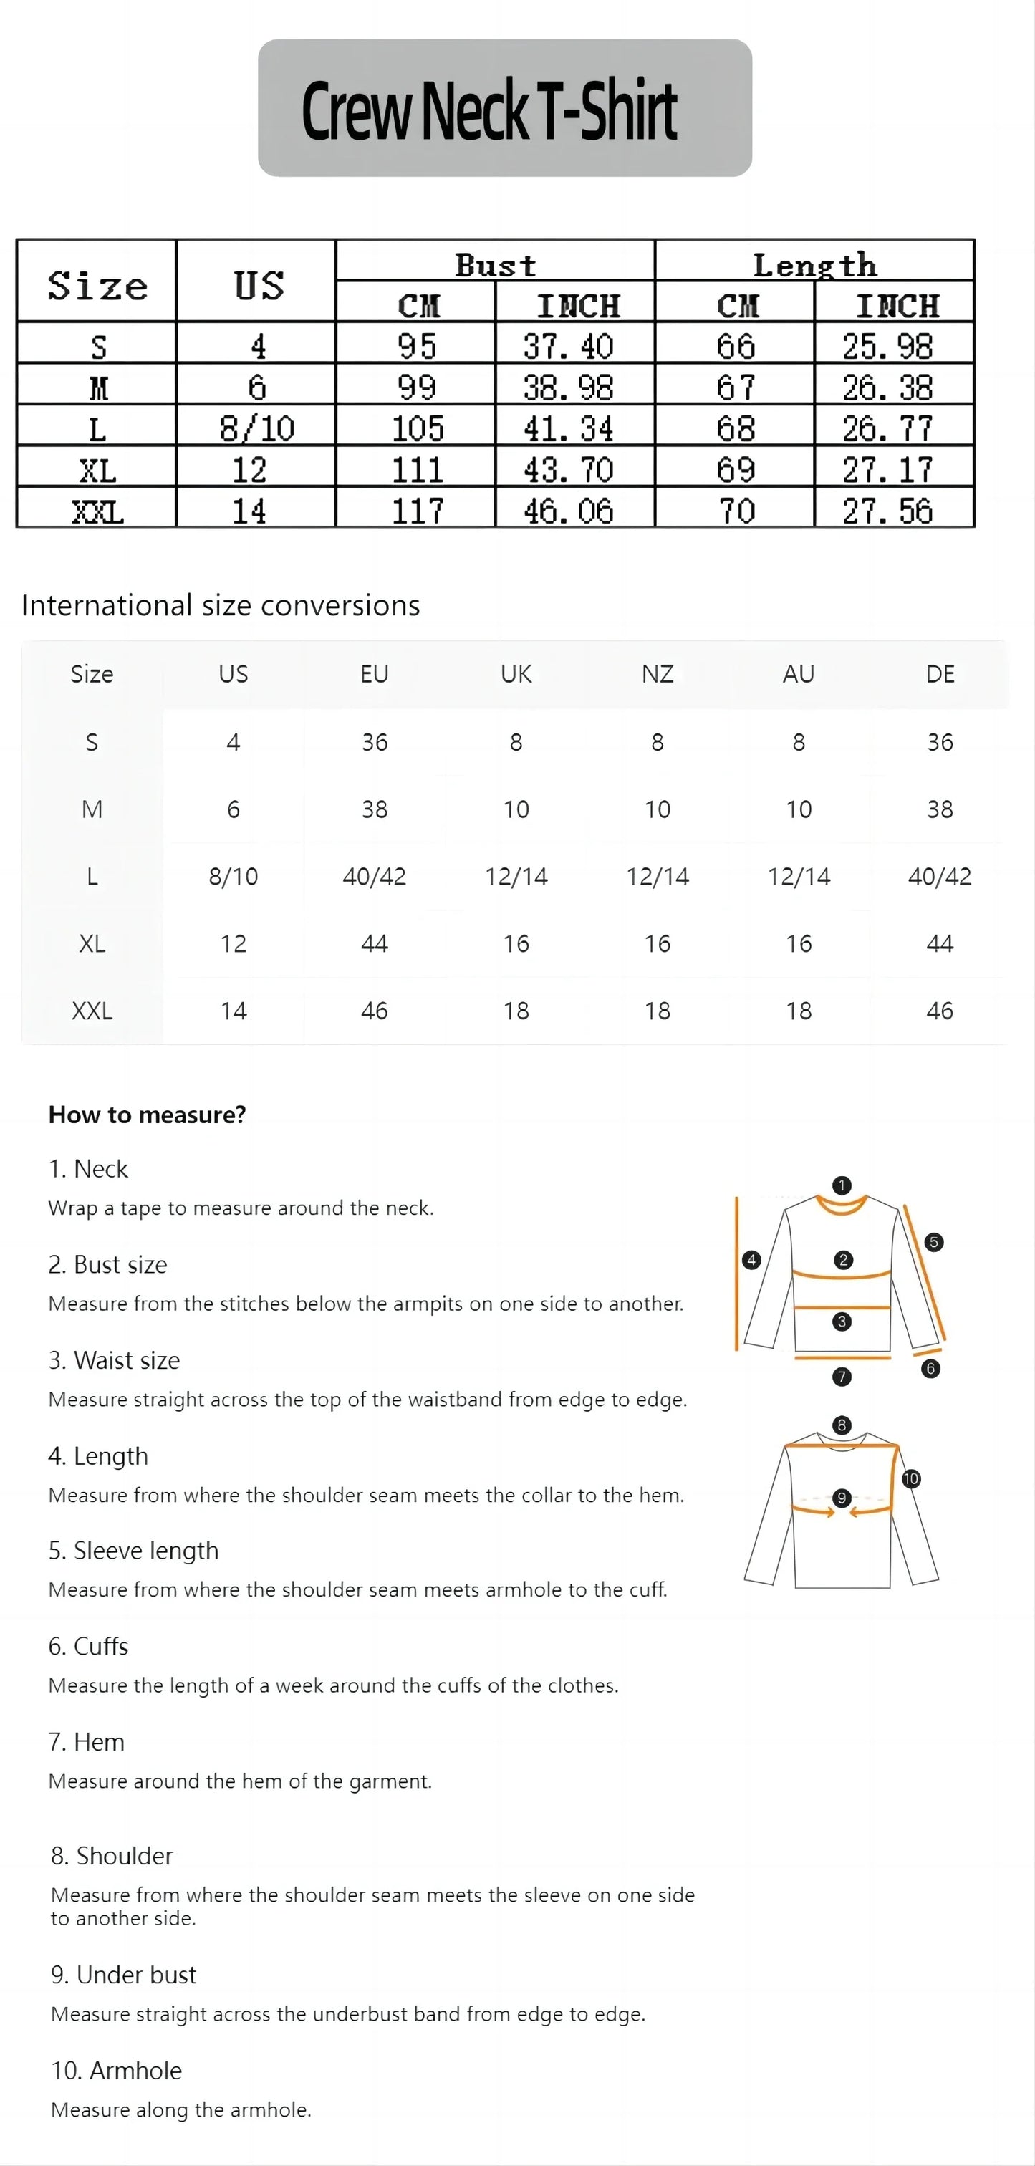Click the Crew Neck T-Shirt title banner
(x=504, y=108)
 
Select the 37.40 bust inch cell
(x=569, y=345)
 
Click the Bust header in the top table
(x=495, y=265)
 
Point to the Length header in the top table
(x=814, y=265)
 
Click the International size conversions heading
(x=221, y=605)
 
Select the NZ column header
(x=658, y=673)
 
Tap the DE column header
(x=939, y=673)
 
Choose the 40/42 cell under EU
(x=374, y=876)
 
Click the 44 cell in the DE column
(x=939, y=943)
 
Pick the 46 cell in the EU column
(x=374, y=1011)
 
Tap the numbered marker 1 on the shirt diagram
(x=842, y=1185)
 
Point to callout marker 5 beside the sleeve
(x=933, y=1242)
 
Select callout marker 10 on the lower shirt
(x=910, y=1478)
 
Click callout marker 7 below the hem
(x=842, y=1377)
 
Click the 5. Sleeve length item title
(x=134, y=1551)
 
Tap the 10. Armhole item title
(x=116, y=2070)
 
